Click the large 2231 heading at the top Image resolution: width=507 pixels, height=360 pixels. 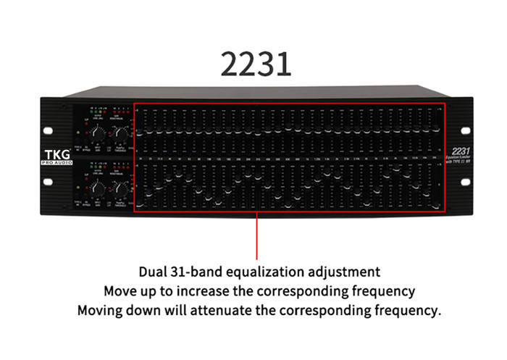(256, 63)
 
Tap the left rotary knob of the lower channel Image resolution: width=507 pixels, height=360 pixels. (101, 187)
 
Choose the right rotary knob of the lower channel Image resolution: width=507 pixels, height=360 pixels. (121, 187)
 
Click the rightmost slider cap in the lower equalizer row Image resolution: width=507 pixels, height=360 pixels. (437, 207)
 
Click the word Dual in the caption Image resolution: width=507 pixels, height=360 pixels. (151, 272)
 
